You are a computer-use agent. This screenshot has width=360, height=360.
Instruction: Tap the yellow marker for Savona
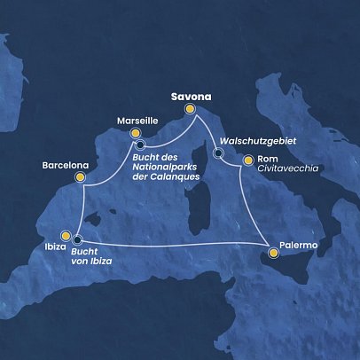190,109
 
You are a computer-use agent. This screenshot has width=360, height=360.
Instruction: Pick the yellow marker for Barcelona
81,177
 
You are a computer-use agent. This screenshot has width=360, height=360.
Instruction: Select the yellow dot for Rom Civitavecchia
248,160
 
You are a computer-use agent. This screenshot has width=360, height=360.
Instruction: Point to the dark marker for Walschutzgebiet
219,153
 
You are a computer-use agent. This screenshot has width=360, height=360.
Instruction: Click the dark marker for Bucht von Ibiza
77,239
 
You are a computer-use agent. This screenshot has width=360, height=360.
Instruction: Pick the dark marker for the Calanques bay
141,145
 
